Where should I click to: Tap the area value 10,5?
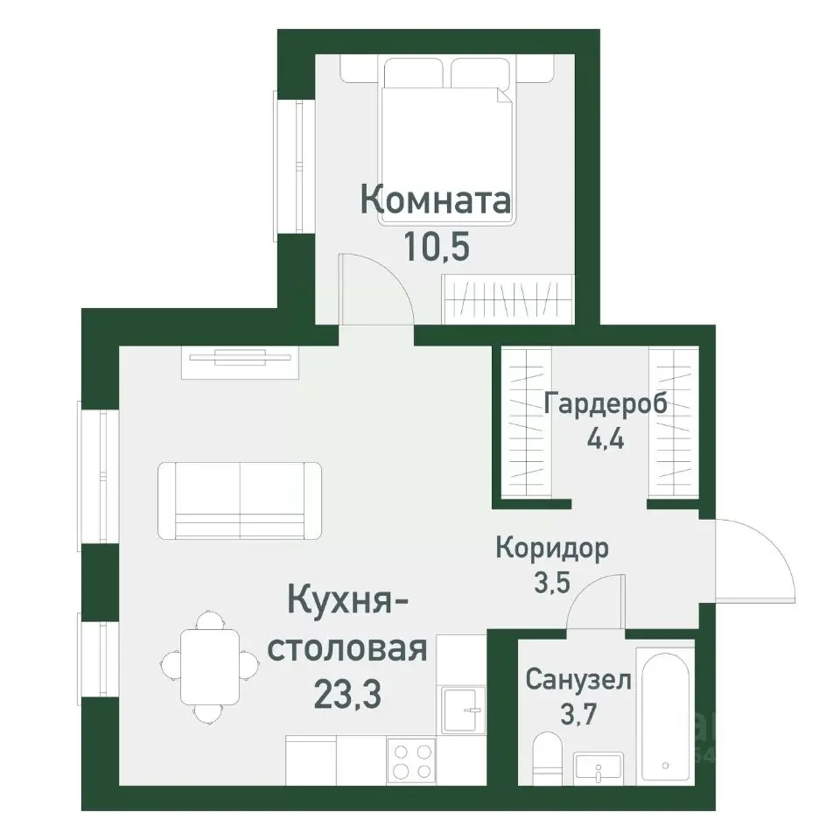coord(437,247)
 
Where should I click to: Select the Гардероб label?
coord(605,403)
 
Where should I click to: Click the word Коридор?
coord(551,549)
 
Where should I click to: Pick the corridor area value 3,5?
coord(551,582)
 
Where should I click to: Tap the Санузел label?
coord(577,680)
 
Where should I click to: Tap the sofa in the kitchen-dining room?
coord(240,500)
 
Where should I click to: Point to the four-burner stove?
coord(411,760)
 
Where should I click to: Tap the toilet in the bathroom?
coord(548,757)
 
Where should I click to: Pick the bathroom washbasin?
coord(599,767)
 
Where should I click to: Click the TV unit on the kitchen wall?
coord(240,361)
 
